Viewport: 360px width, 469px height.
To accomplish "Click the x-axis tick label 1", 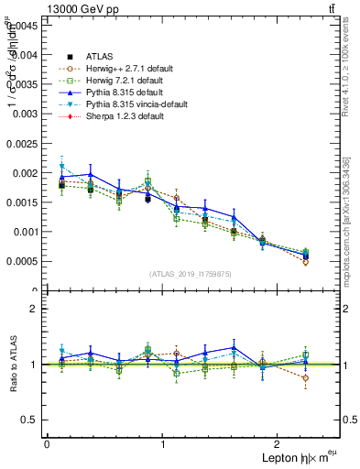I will (x=163, y=444).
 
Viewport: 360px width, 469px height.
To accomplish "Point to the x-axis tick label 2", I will (x=280, y=444).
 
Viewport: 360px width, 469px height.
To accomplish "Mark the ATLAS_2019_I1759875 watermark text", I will (x=192, y=274).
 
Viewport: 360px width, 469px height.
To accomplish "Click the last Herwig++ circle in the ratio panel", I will (x=306, y=377).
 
